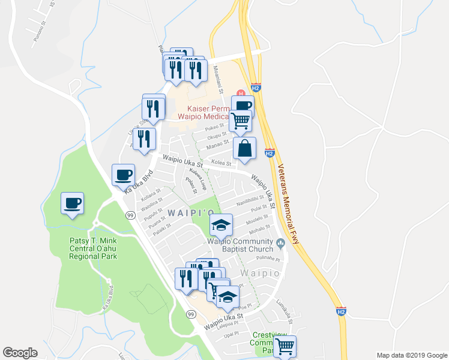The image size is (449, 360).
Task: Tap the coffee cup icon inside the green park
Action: pos(73,203)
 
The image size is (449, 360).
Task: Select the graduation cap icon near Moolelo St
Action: pos(221,226)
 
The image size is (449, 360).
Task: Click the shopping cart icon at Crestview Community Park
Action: pos(285,346)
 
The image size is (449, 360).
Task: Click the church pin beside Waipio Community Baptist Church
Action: pos(280,245)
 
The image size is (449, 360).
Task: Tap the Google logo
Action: pos(20,353)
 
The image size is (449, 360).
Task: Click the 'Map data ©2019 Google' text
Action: pos(411,355)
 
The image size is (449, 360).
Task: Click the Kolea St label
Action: pos(221,163)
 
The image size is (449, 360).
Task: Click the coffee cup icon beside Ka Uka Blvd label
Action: pos(124,175)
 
